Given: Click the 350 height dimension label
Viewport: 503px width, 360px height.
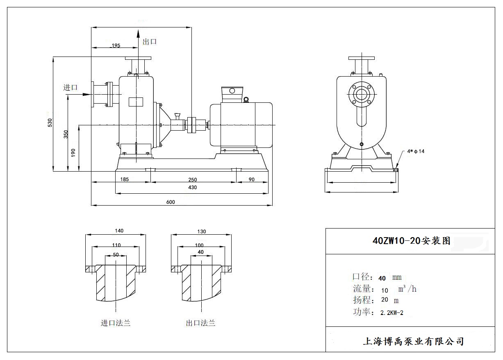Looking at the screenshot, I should [x=66, y=135].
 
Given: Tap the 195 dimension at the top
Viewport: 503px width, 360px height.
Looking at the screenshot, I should [x=116, y=45].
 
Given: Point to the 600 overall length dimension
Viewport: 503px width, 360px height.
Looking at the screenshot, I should [x=171, y=202].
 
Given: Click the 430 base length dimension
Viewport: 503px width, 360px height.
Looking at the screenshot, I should [x=192, y=188].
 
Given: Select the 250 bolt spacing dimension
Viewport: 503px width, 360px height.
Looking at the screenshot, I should [x=192, y=179].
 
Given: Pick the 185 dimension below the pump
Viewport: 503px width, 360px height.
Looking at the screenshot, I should [x=125, y=179].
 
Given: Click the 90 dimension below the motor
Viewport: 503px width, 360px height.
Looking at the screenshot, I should [x=251, y=179].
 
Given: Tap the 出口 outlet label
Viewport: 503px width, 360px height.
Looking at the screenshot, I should [x=150, y=42].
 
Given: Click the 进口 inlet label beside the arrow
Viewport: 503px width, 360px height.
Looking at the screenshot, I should [x=71, y=87].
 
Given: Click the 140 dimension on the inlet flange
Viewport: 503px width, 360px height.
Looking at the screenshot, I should [x=119, y=231].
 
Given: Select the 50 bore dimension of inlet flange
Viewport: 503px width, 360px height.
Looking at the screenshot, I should [x=116, y=255].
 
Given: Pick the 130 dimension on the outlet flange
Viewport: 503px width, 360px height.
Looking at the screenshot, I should [x=202, y=231].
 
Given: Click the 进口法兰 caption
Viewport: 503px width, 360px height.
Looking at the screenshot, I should [x=116, y=323].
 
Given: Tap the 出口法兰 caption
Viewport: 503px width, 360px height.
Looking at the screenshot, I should [x=200, y=323].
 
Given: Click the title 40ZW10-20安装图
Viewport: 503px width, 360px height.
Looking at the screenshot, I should [x=411, y=241].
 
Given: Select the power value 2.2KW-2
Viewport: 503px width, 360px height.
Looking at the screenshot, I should [x=392, y=313].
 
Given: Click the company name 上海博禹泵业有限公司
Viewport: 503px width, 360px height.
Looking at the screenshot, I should [x=413, y=341].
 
